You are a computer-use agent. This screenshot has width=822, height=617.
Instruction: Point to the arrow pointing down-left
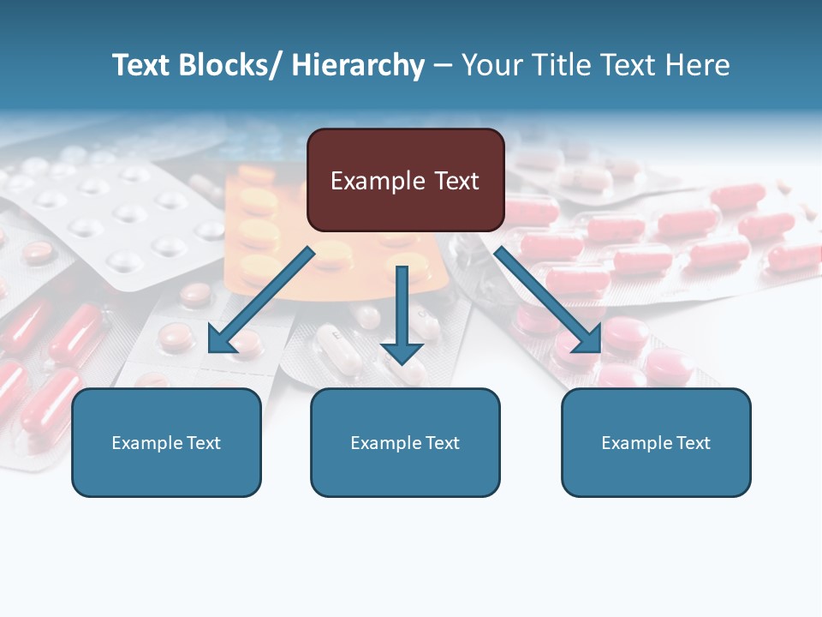tap(261, 300)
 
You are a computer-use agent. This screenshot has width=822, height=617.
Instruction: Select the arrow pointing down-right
tap(548, 300)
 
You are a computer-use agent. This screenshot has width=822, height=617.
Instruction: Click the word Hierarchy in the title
tap(358, 65)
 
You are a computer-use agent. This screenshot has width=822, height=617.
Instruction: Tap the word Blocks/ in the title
tap(228, 65)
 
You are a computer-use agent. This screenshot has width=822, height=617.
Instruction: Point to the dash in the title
tap(443, 65)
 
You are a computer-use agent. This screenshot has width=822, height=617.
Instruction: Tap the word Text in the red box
tap(456, 181)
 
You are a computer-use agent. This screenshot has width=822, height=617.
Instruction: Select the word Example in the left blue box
tap(146, 443)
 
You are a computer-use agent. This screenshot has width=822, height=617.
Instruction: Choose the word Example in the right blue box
tap(636, 443)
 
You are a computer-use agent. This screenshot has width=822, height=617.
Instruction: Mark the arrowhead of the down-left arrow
tap(220, 340)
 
